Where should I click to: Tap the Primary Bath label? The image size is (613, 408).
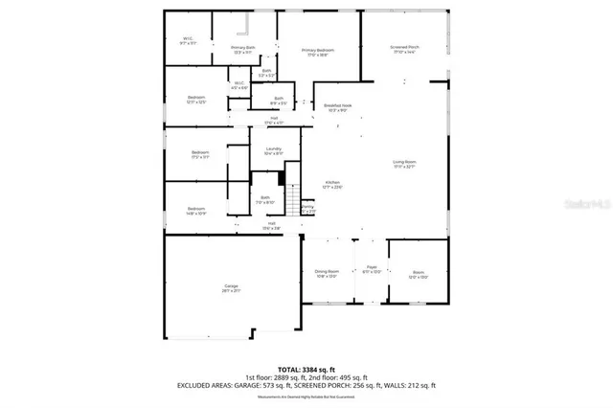click(242, 49)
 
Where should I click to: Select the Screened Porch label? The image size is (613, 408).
click(404, 49)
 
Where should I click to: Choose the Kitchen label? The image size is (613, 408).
click(332, 184)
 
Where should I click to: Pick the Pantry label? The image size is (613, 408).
click(307, 208)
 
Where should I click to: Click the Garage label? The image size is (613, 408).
click(231, 287)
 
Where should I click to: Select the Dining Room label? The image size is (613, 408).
click(328, 274)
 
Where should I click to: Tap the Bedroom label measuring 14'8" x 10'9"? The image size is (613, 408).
click(195, 210)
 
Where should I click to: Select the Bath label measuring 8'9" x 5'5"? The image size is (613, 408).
click(279, 100)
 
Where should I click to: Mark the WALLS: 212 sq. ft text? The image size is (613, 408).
click(409, 385)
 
